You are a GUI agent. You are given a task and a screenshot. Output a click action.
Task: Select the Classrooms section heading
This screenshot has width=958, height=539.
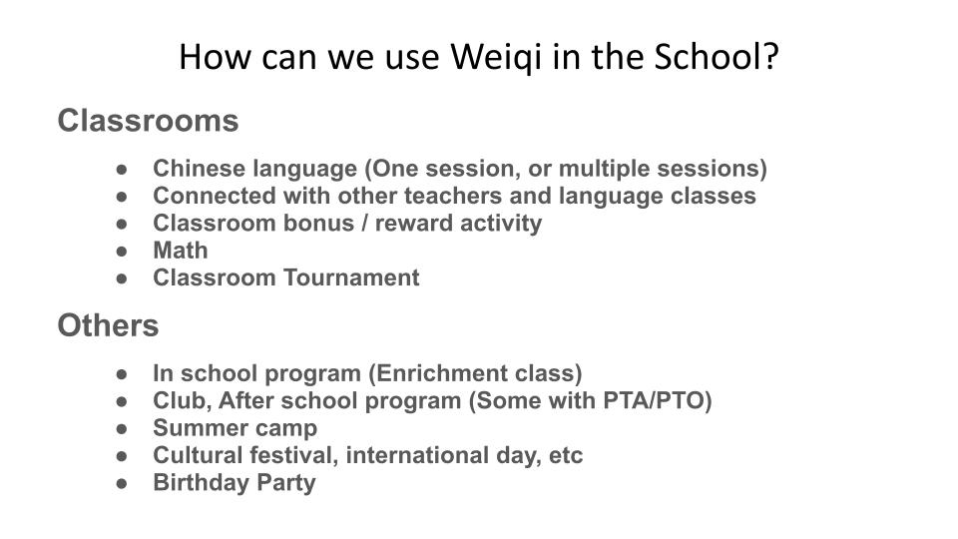pyautogui.click(x=148, y=121)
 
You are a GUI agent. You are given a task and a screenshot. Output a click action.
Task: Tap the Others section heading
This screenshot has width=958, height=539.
pyautogui.click(x=108, y=325)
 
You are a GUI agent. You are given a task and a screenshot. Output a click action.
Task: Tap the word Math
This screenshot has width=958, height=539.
pyautogui.click(x=181, y=250)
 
